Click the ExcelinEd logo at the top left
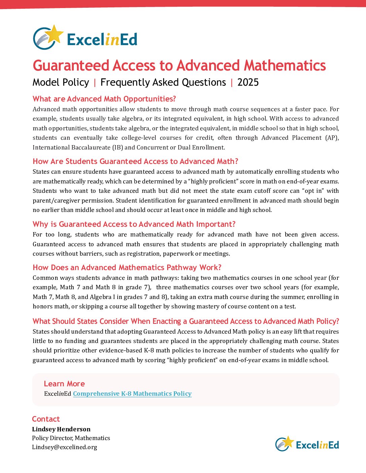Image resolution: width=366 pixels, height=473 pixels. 85,38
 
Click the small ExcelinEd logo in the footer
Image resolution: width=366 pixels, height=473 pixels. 307,444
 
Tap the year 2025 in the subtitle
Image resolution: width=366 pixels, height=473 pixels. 248,82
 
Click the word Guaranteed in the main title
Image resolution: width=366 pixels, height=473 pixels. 71,66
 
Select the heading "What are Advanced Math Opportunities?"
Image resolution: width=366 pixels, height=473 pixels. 104,99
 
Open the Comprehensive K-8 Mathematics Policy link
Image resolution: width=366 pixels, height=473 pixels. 132,394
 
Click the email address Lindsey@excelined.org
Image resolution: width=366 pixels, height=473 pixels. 65,447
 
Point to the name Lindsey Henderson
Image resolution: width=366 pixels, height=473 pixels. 61,429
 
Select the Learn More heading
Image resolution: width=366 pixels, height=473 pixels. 64,384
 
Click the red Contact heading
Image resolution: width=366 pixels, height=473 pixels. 46,419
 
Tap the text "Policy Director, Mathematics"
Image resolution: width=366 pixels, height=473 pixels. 71,438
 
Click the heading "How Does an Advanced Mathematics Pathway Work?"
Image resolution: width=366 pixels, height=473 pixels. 127,267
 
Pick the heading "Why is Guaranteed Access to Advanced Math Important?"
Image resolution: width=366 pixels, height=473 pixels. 134,224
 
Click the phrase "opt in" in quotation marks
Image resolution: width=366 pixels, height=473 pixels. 313,191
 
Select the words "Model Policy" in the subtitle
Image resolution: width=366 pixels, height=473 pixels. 61,82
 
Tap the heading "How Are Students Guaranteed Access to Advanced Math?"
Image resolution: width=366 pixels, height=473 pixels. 135,161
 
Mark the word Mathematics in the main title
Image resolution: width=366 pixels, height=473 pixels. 285,66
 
